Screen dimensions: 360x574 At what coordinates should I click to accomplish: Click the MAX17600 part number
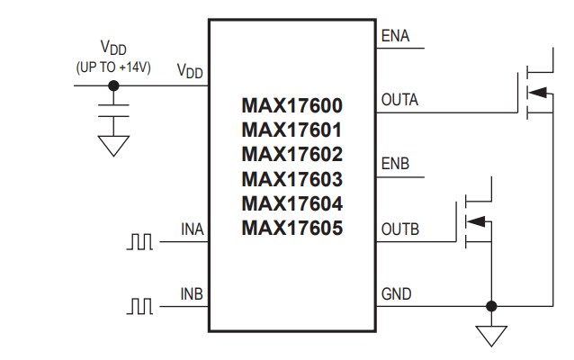coord(292,106)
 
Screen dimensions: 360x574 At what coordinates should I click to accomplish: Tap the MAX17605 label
coord(292,228)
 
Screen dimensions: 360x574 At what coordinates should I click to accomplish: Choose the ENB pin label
coord(396,166)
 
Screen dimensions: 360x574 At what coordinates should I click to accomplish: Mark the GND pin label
coord(396,293)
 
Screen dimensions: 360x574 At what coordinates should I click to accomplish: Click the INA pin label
coord(193,229)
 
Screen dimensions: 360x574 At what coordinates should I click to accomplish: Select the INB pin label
coord(193,294)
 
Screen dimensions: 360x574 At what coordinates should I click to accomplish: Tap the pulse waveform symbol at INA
coord(140,241)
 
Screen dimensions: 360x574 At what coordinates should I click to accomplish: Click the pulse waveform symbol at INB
coord(140,306)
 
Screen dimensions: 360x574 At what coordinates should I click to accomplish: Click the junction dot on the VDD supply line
coord(113,86)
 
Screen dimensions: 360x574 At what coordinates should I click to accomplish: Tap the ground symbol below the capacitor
coord(113,145)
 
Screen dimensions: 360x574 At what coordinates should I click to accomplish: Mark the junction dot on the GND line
coord(490,304)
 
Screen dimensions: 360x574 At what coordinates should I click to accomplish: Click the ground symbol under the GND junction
coord(490,335)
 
